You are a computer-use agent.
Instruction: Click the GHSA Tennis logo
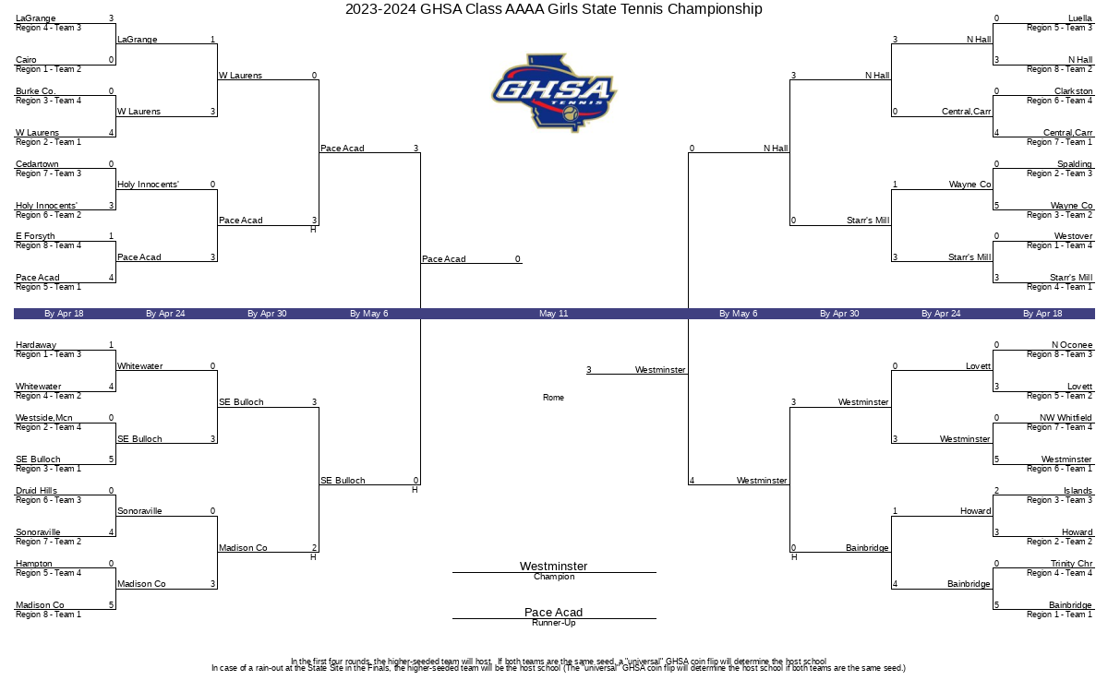click(x=553, y=92)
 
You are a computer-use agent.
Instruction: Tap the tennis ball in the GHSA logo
click(x=571, y=113)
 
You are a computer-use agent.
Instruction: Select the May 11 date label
click(x=553, y=314)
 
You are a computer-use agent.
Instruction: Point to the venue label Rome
click(x=553, y=398)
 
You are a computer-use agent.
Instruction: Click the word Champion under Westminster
click(x=554, y=577)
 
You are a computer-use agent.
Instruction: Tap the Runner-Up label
click(x=553, y=623)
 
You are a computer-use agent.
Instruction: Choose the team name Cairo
click(x=26, y=60)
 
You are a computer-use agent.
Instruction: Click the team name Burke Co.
click(x=36, y=91)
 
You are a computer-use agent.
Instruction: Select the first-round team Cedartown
click(x=37, y=163)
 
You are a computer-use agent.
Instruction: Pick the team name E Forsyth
click(x=35, y=236)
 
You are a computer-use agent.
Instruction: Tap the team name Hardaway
click(x=36, y=344)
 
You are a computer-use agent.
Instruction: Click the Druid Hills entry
click(x=36, y=490)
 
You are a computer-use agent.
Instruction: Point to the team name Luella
click(x=1079, y=18)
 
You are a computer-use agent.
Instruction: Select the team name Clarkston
click(x=1073, y=91)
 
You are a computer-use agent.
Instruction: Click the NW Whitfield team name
click(x=1066, y=418)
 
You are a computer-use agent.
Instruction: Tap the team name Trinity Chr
click(x=1071, y=563)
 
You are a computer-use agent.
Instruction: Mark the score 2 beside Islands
click(x=996, y=490)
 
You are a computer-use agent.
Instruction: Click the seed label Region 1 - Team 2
click(x=48, y=69)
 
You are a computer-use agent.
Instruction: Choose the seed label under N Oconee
click(x=1059, y=354)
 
